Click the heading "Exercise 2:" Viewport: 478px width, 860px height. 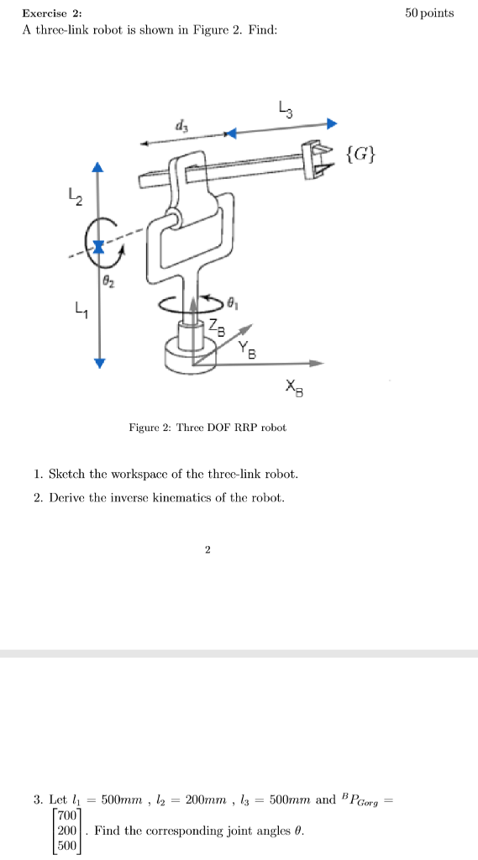[51, 13]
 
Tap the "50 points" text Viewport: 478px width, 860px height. [428, 13]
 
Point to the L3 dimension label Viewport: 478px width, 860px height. [285, 108]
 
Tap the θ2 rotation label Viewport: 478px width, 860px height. [108, 283]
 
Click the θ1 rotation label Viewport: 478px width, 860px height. [237, 298]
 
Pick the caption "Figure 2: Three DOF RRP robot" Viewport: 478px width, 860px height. [207, 427]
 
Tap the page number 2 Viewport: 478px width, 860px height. [207, 550]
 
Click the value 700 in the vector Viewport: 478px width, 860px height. [67, 815]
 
